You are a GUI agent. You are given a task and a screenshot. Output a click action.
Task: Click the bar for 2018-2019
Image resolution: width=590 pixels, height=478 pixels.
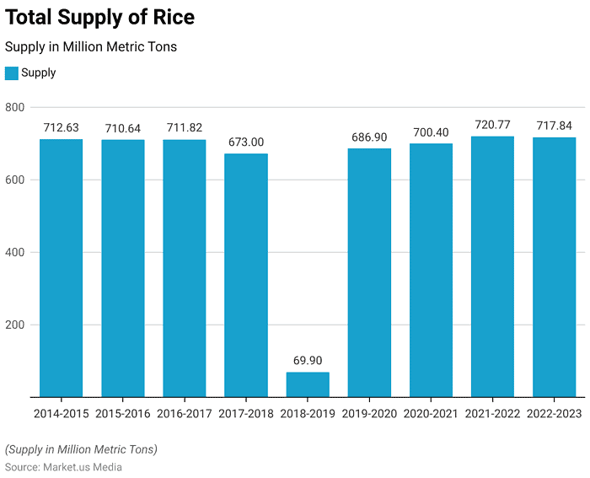tap(308, 384)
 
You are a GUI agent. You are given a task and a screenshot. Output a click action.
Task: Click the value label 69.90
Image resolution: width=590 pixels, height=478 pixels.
tap(308, 361)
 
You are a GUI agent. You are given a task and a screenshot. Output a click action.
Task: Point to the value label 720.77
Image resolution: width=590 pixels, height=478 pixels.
tap(492, 125)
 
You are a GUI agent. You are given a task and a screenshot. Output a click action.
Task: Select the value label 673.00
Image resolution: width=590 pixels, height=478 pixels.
tap(246, 142)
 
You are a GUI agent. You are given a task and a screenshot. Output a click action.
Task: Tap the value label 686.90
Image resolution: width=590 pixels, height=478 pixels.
tap(369, 137)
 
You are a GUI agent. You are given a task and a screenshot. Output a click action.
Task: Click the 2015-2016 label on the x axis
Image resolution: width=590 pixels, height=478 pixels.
tap(123, 414)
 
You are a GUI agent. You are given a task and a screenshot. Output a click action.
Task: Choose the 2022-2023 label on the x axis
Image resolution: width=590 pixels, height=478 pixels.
tap(554, 414)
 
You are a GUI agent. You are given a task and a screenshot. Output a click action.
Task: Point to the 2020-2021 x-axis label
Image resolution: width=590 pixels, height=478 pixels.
tap(431, 414)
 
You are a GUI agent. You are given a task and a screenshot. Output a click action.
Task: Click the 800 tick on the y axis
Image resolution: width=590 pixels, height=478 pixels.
tap(15, 107)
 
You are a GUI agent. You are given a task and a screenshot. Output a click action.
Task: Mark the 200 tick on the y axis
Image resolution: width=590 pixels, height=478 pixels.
tap(15, 325)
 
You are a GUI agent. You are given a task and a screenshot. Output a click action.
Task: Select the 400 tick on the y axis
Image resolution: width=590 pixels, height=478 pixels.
tap(15, 252)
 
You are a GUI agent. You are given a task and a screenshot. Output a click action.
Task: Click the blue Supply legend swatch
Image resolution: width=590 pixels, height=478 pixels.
tap(12, 73)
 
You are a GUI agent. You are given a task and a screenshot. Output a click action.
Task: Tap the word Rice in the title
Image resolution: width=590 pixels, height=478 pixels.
tap(171, 17)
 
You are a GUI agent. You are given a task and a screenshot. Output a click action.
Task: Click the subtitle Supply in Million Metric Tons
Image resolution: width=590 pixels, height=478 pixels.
tap(91, 47)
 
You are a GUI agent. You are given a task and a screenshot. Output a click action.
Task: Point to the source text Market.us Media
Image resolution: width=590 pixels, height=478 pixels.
tap(83, 467)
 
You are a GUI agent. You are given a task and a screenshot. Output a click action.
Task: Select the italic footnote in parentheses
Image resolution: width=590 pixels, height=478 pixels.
tap(81, 448)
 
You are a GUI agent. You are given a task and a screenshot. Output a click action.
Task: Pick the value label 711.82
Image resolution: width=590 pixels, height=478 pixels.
tap(185, 128)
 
